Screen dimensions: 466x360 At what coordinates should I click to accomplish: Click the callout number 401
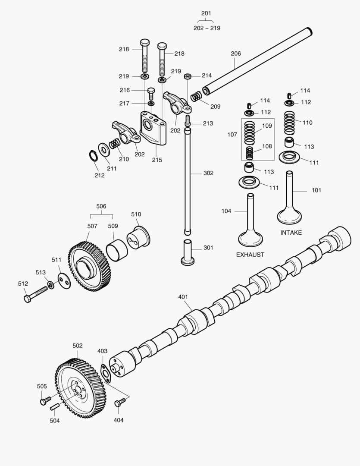(x=183, y=297)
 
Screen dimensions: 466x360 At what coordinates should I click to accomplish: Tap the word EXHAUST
(x=250, y=255)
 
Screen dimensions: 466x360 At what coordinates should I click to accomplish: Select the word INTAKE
(x=291, y=233)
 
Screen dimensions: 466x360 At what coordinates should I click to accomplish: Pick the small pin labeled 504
(x=55, y=406)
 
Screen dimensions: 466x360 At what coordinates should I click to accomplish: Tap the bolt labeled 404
(x=119, y=403)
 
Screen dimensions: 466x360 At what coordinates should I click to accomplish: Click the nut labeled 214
(x=188, y=77)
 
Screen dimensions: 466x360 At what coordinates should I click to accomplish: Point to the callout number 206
(x=236, y=54)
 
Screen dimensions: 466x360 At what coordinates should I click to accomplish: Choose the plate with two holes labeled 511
(x=65, y=281)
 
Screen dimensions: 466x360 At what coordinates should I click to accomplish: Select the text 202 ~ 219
(x=207, y=28)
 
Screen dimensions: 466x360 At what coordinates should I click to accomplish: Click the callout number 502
(x=78, y=346)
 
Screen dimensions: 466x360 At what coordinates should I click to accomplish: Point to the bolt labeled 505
(x=45, y=400)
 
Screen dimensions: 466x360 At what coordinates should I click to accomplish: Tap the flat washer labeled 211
(x=104, y=150)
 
